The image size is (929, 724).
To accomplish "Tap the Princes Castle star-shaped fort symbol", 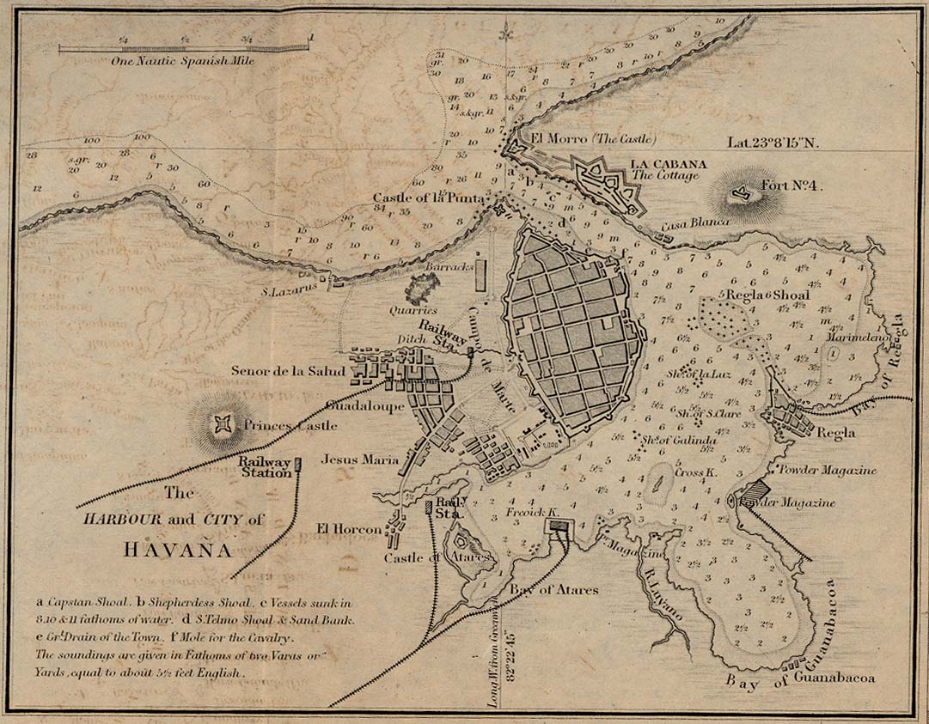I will pyautogui.click(x=224, y=423).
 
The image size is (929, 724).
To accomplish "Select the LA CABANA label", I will pyautogui.click(x=668, y=163).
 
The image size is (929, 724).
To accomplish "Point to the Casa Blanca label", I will pyautogui.click(x=694, y=222).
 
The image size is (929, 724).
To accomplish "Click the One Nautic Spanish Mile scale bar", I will pyautogui.click(x=184, y=49).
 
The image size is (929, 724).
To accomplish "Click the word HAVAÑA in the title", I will pyautogui.click(x=178, y=549).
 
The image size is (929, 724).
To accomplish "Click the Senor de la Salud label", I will pyautogui.click(x=288, y=371).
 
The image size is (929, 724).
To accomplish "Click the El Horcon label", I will pyautogui.click(x=349, y=530).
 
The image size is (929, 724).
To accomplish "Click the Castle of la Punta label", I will pyautogui.click(x=430, y=198).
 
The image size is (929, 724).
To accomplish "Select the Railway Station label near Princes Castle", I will pyautogui.click(x=264, y=465).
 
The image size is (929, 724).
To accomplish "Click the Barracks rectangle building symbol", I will pyautogui.click(x=480, y=273).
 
